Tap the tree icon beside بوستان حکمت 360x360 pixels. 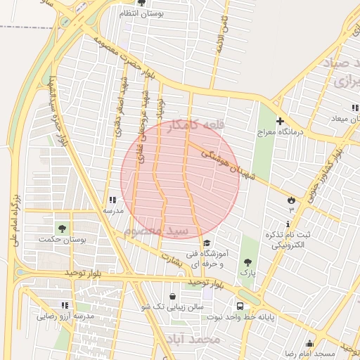63,229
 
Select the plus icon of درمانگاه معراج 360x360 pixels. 280,121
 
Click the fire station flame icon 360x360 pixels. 291,201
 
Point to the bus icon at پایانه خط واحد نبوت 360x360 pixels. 240,307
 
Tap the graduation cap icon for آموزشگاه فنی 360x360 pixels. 206,243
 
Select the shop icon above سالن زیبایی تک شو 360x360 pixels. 174,296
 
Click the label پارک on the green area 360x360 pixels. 247,271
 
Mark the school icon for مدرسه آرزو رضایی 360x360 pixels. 65,306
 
